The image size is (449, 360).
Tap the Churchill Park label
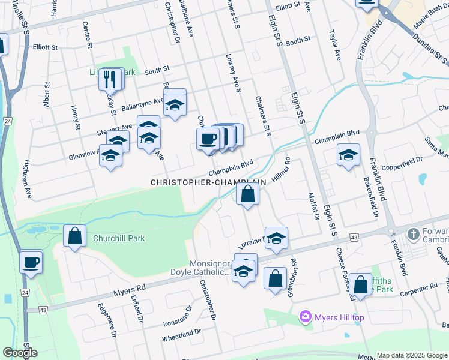(x=119, y=238)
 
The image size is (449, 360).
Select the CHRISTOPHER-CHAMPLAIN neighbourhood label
(x=208, y=182)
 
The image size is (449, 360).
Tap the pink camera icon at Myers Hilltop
(x=306, y=316)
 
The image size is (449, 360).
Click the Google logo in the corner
(x=19, y=352)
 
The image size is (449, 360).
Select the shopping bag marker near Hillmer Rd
(x=247, y=194)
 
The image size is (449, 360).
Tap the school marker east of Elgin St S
(x=348, y=155)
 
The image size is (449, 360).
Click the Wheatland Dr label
(x=181, y=335)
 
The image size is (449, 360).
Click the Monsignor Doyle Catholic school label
(x=209, y=268)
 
